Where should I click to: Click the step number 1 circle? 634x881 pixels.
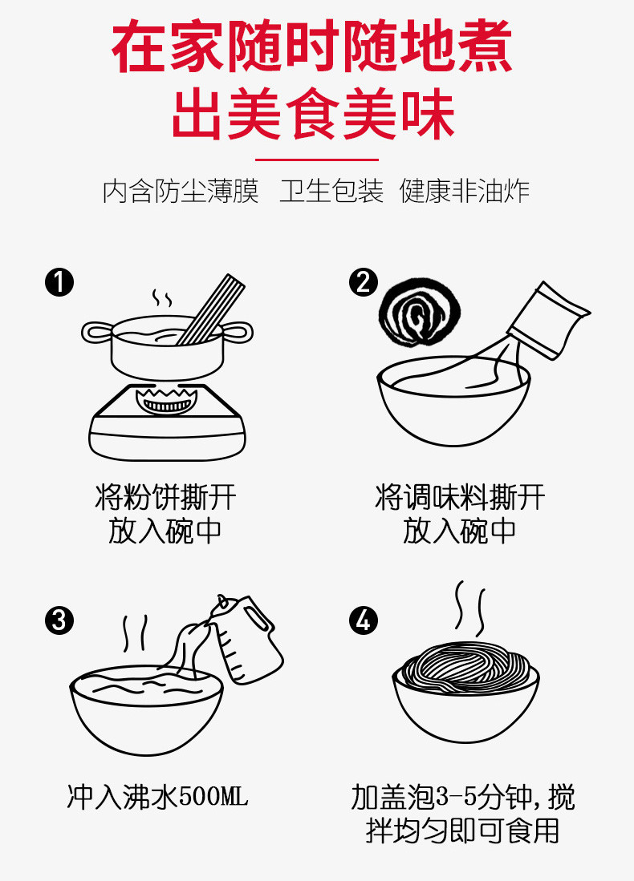coord(59,282)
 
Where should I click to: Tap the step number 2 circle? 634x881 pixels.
coord(364,282)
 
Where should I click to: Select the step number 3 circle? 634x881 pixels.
coord(59,620)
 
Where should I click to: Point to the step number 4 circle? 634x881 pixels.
coord(364,620)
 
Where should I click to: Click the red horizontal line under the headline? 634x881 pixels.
coord(316,160)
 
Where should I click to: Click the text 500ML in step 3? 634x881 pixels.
coord(213,798)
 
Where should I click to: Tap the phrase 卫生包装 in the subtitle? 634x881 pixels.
coord(331,192)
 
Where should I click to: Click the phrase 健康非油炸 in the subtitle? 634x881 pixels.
coord(465,192)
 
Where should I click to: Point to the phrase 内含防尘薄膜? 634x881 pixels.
coord(181,192)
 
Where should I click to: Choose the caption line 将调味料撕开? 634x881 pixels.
coord(460,498)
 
